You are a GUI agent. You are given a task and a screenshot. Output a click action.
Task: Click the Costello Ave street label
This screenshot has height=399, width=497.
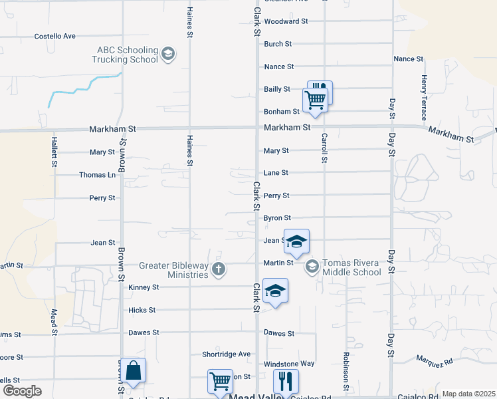click(x=55, y=36)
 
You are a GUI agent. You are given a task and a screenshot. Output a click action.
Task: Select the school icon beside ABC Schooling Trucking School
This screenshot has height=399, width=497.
click(x=168, y=54)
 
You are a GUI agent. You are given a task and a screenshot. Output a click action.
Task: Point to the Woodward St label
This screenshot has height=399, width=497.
click(x=286, y=21)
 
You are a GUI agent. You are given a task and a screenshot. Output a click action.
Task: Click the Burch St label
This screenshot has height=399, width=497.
click(x=278, y=44)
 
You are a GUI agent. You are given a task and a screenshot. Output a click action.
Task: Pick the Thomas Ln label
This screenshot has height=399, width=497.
click(x=97, y=175)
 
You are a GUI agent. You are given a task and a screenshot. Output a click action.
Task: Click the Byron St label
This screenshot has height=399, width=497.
click(x=277, y=217)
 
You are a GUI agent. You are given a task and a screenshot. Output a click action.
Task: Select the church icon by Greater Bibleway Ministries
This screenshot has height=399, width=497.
click(x=219, y=269)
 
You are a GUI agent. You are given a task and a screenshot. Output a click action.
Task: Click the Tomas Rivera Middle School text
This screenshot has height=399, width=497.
click(x=351, y=267)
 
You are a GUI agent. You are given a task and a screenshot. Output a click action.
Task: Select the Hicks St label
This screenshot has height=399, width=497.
click(x=142, y=310)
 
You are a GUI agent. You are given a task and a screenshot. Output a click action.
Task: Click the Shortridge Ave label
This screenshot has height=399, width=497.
click(x=227, y=354)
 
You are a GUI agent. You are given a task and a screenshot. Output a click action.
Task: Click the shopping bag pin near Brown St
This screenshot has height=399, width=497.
click(x=133, y=372)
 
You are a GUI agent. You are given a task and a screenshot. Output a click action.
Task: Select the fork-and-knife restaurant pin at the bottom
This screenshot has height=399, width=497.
click(x=286, y=382)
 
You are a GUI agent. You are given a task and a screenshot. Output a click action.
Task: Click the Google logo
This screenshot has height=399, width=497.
click(x=21, y=391)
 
